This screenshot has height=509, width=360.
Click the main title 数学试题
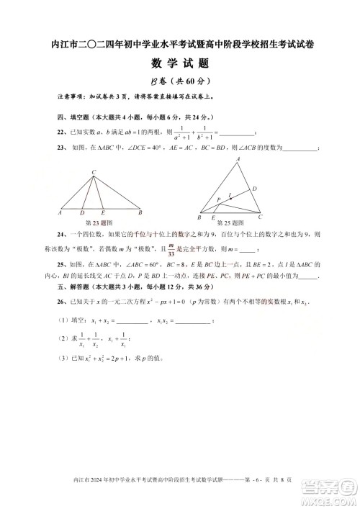pyautogui.click(x=179, y=64)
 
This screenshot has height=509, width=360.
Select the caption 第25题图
pyautogui.click(x=230, y=223)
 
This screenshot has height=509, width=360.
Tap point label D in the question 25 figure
pyautogui.click(x=254, y=189)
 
